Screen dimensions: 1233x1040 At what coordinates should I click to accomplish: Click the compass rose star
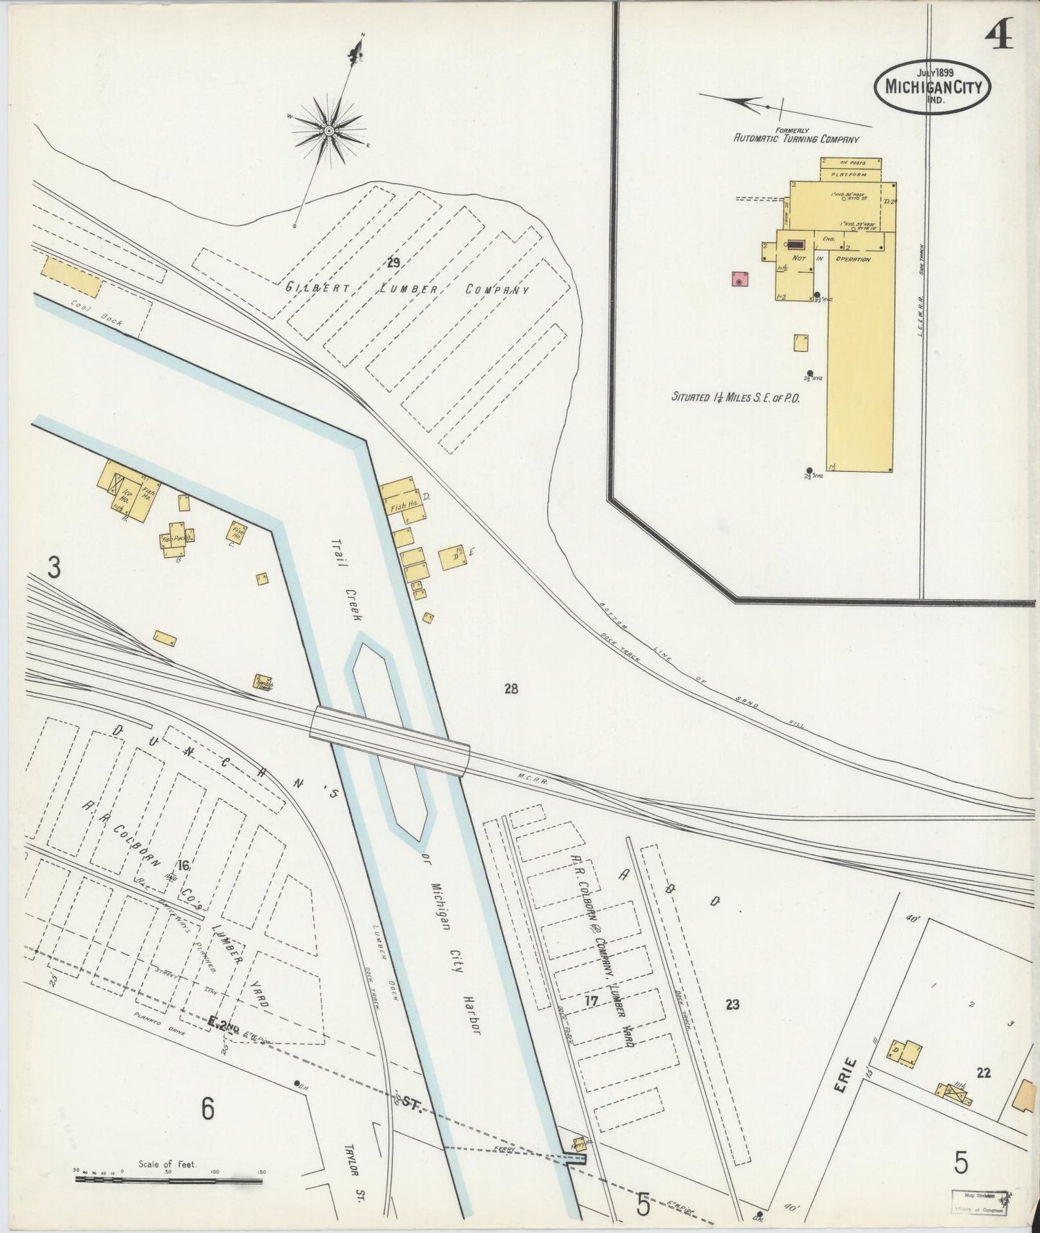pos(328,130)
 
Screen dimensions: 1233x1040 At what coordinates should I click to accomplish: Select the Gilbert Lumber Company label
pos(407,289)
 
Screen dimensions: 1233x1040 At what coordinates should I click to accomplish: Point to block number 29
pos(392,263)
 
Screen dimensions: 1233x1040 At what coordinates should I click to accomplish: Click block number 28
pos(511,689)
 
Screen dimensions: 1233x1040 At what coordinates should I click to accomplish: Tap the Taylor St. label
pos(356,1169)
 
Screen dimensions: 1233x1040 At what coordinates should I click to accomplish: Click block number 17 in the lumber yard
pos(592,1000)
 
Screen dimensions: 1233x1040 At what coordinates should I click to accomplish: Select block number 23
pos(733,1004)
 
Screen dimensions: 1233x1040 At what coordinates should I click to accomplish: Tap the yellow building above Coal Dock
pos(71,277)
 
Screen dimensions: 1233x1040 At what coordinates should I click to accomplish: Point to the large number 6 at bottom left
pos(207,1111)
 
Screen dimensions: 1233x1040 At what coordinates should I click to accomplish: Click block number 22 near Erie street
pos(983,1073)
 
